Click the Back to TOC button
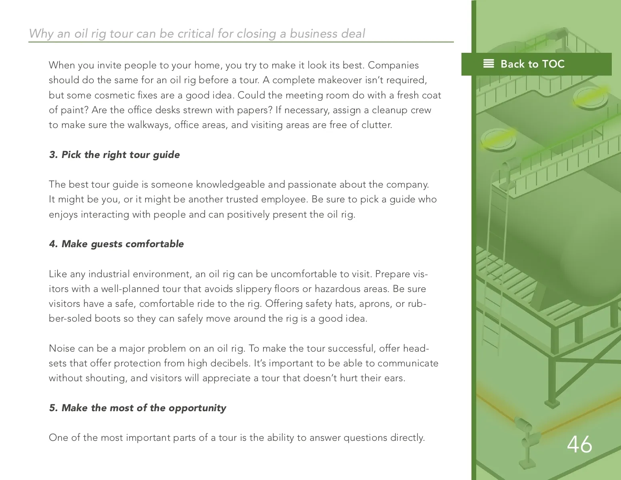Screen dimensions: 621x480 coord(536,64)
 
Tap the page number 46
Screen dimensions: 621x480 coord(579,444)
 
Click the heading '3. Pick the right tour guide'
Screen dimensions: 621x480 coord(114,155)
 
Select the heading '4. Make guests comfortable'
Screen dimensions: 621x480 coord(116,244)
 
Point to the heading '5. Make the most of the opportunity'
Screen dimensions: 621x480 coord(138,408)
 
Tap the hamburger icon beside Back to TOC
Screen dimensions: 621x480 coord(489,64)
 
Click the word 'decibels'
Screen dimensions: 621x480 coord(230,363)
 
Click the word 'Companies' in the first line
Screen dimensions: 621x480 coord(393,66)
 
